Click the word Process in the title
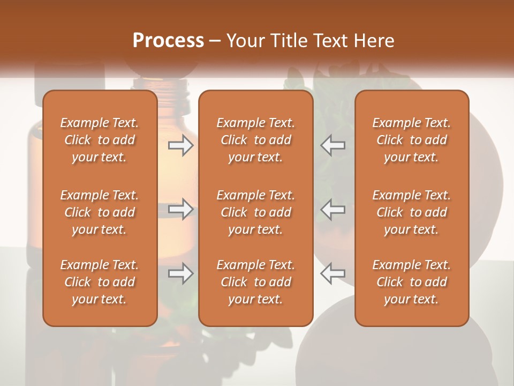click(168, 41)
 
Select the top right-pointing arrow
click(181, 145)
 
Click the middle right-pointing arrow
click(181, 209)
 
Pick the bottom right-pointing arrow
click(181, 273)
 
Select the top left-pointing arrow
click(332, 145)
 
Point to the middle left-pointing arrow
click(332, 209)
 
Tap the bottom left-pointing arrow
click(332, 273)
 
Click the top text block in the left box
click(100, 140)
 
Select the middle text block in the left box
click(100, 212)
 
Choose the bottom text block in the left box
click(100, 282)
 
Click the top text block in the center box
click(255, 140)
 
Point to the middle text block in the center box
click(255, 212)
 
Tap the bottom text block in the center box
click(255, 282)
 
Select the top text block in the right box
click(412, 140)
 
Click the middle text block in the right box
click(412, 212)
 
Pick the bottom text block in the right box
click(412, 282)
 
